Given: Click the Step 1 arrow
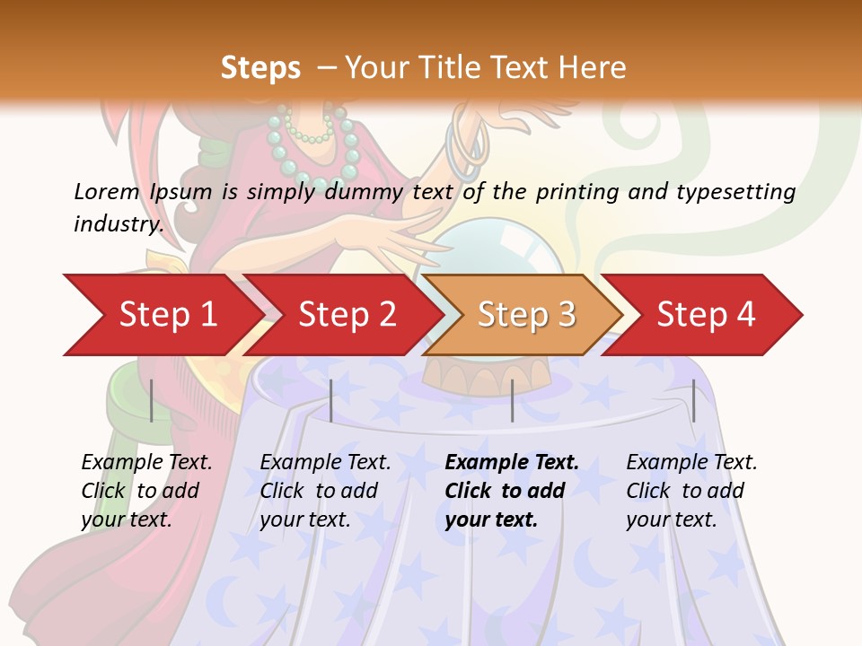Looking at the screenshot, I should click(166, 315).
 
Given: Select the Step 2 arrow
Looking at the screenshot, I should click(346, 315).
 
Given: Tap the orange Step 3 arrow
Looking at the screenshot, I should click(525, 315).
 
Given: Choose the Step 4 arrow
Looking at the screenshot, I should click(705, 315).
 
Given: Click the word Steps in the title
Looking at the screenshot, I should click(260, 67).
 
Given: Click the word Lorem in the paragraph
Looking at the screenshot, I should click(106, 191).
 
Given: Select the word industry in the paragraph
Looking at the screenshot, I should click(118, 223).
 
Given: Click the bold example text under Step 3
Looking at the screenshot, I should click(511, 491).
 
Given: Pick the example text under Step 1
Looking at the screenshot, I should click(145, 491).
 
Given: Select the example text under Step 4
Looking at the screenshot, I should click(690, 491).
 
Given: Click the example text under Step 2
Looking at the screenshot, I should click(324, 491).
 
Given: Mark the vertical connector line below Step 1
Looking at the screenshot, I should click(152, 400).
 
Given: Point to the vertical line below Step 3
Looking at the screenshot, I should click(512, 400).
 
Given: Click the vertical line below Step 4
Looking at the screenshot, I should click(693, 400).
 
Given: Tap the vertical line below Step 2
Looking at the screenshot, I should click(331, 400).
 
